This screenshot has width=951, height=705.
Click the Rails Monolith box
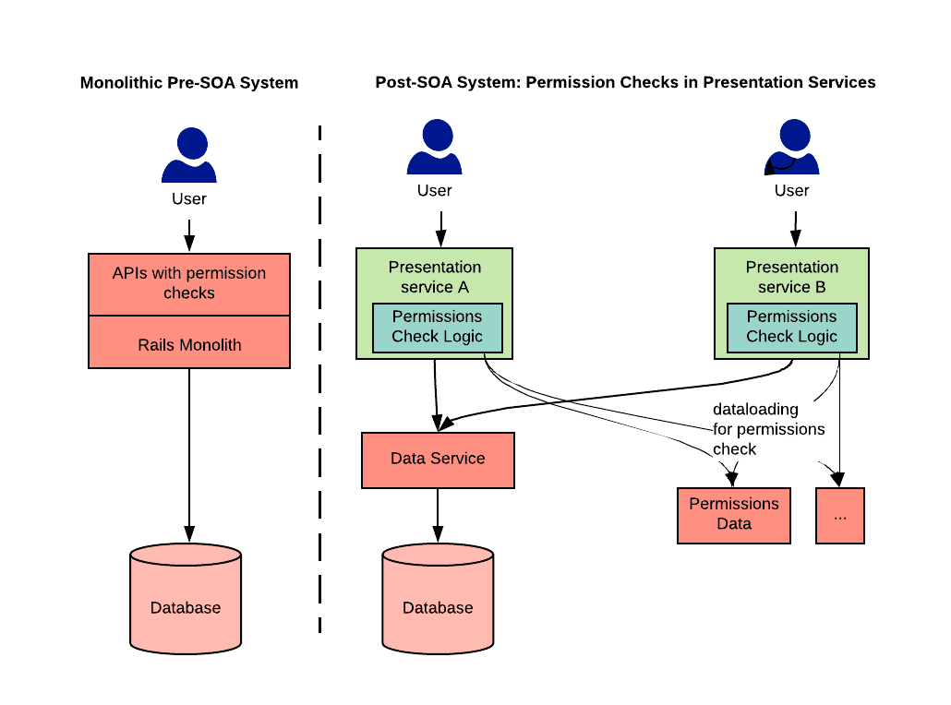point(189,342)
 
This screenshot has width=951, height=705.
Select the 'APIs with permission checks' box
point(189,284)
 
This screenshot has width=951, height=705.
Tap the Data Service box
point(438,460)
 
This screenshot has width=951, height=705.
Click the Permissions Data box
point(734,515)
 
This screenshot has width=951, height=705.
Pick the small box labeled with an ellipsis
point(840,515)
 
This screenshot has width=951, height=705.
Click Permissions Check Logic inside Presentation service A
point(438,328)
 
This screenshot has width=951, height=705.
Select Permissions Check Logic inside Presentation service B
point(792,328)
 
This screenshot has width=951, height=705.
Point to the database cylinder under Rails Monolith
point(186,599)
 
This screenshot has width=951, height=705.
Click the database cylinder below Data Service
point(438,599)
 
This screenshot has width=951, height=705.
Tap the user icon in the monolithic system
point(189,155)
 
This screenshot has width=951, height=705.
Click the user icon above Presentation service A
point(435,147)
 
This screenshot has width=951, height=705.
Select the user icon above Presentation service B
point(792,147)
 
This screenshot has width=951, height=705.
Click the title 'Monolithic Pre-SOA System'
point(189,82)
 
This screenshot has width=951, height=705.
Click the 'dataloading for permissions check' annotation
point(768,429)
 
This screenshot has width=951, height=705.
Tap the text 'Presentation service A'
point(435,277)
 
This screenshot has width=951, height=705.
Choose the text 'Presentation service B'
point(792,277)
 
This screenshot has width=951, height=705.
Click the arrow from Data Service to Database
point(438,515)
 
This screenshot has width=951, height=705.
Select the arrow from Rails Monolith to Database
point(189,455)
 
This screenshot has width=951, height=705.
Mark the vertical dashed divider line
point(319,379)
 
